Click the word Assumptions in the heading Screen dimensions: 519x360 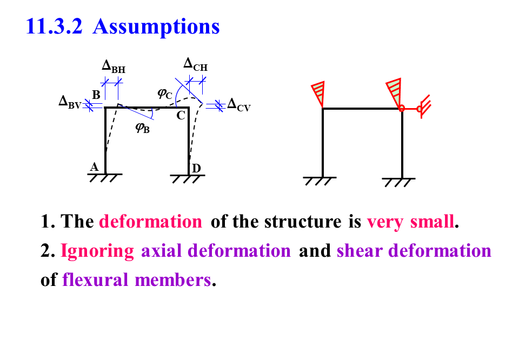156,26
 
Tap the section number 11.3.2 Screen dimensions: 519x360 54,26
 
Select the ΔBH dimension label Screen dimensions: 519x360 114,66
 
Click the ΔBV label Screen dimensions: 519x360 70,102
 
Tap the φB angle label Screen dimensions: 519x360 142,128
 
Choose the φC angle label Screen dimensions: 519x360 165,94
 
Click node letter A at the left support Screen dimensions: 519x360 94,167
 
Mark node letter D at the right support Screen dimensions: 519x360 197,169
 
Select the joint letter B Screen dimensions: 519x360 96,95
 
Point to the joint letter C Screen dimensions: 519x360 181,115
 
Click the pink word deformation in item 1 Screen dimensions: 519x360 150,222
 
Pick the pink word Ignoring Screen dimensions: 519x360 97,251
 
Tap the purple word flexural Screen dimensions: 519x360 96,280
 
